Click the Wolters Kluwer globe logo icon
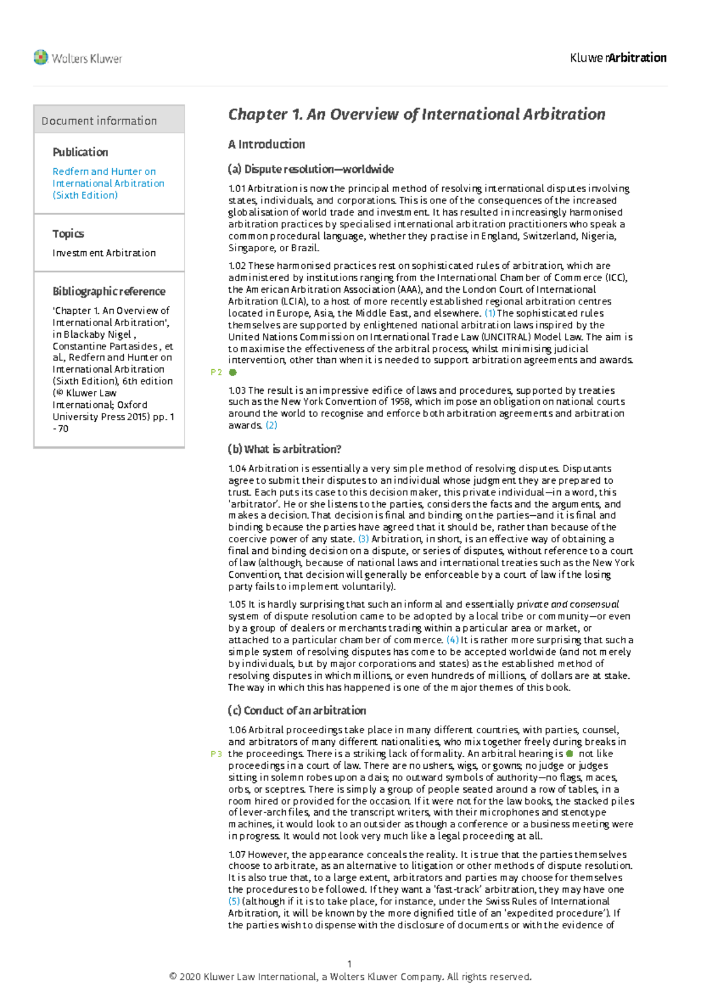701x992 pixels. point(40,57)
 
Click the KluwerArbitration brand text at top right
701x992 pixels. point(618,58)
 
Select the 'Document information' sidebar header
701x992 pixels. point(99,121)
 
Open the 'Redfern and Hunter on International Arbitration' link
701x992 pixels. point(108,183)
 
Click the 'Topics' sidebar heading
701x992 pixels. point(68,234)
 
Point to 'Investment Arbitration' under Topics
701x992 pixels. point(104,253)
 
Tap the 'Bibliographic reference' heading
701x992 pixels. point(109,291)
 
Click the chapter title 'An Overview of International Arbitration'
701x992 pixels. point(417,114)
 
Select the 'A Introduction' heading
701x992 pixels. point(266,144)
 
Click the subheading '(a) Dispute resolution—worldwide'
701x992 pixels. point(311,169)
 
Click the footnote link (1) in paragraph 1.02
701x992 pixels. point(490,313)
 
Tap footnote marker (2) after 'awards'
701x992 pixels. point(272,425)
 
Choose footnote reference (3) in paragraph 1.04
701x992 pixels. point(363,539)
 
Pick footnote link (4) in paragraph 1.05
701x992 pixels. point(452,640)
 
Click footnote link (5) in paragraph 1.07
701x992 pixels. point(234,901)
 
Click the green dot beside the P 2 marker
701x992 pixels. point(232,372)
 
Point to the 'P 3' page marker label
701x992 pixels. point(216,754)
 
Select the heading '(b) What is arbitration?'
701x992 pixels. point(284,449)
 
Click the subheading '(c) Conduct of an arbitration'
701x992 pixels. point(297,710)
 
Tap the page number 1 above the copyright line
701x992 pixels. point(349,964)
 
